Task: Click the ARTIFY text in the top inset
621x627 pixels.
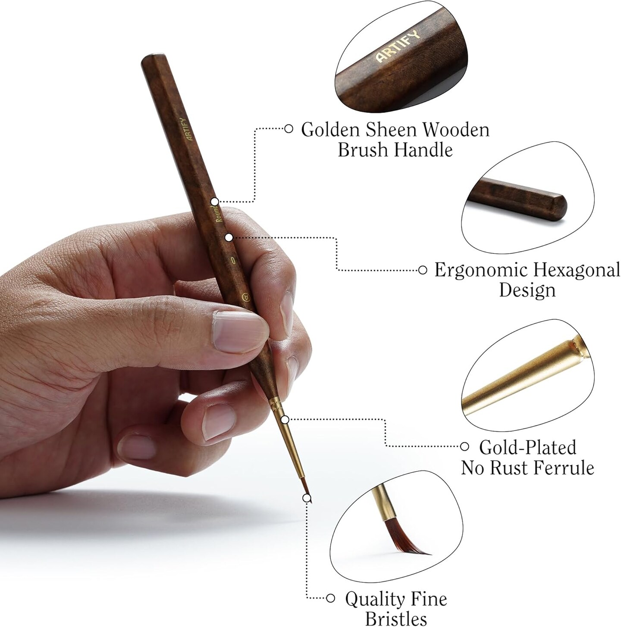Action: click(397, 47)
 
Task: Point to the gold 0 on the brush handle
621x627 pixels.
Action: click(233, 260)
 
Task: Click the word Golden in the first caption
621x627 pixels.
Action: click(331, 130)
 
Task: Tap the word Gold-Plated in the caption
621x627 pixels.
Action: click(527, 447)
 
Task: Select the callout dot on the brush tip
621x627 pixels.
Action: click(307, 498)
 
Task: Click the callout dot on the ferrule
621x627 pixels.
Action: click(285, 419)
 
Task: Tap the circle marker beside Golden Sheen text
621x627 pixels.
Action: click(289, 128)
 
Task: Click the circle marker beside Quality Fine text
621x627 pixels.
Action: click(331, 598)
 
